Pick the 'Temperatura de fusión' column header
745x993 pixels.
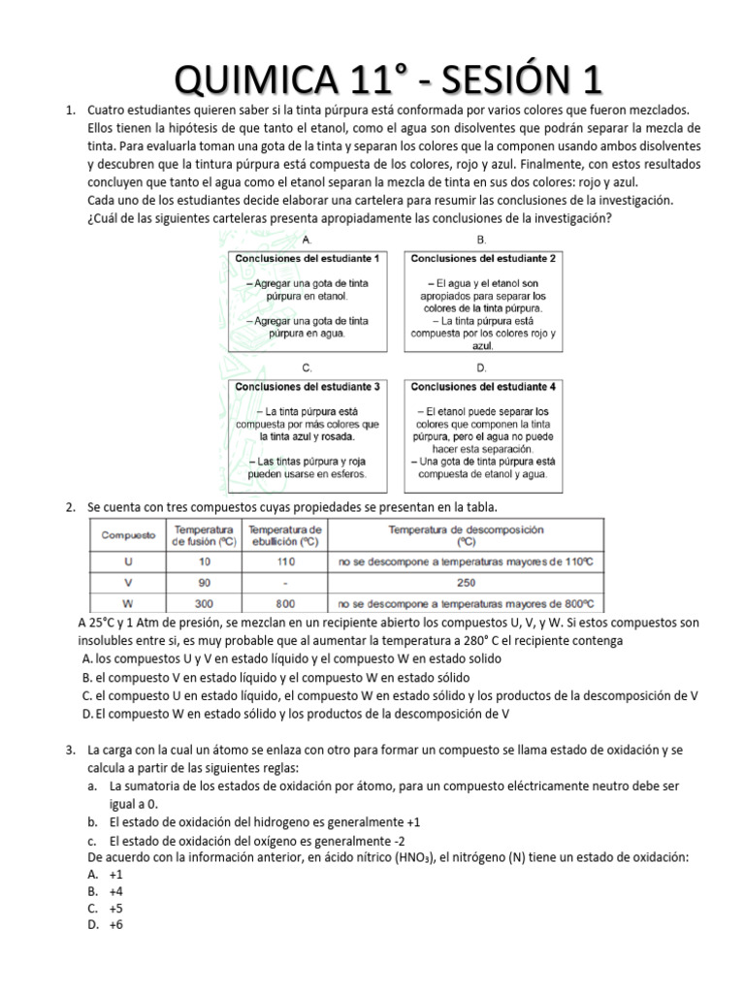click(x=204, y=535)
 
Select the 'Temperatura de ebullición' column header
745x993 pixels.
click(x=284, y=535)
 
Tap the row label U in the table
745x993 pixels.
click(x=129, y=561)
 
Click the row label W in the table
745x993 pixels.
click(x=129, y=602)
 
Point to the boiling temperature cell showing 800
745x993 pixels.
click(x=284, y=602)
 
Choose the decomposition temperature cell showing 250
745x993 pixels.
click(x=466, y=582)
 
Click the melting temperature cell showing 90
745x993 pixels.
click(x=204, y=582)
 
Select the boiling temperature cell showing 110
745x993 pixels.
click(x=284, y=561)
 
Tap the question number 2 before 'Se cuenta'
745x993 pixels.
click(x=70, y=507)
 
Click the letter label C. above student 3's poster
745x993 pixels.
click(x=307, y=368)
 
